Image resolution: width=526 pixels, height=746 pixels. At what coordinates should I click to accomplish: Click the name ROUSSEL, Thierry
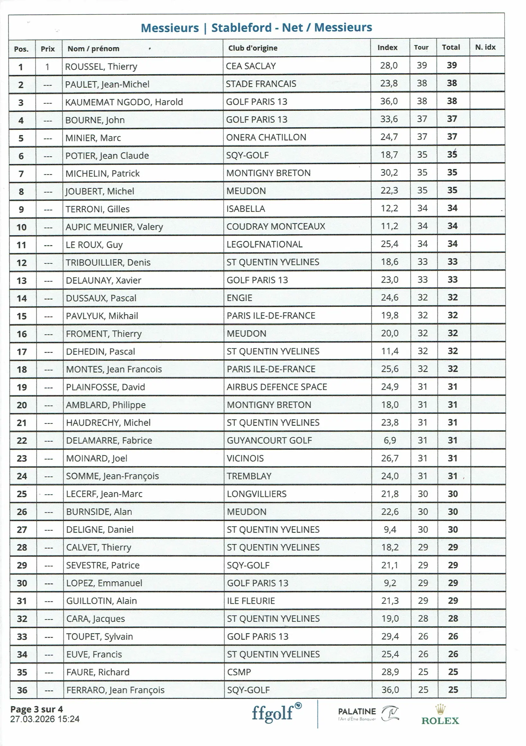pos(101,67)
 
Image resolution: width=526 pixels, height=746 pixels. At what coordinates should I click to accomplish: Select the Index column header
pos(387,48)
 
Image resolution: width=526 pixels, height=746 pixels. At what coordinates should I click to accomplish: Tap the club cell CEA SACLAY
pos(251,66)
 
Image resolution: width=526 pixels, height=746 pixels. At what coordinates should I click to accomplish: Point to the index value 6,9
pos(389,440)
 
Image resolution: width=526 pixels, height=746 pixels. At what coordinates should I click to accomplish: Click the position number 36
pos(22,690)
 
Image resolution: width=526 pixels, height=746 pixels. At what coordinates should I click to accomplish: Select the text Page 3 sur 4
pos(36,709)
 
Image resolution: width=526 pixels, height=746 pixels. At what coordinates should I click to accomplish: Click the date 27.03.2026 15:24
pos(45,719)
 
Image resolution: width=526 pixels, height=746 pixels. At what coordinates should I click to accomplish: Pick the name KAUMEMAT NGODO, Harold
pos(124,102)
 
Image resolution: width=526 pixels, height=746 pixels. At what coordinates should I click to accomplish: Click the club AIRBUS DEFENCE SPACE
pos(277,386)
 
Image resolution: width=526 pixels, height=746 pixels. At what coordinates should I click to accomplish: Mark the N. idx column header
pos(485,47)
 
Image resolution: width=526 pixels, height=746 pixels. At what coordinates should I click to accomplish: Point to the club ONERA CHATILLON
pos(266,137)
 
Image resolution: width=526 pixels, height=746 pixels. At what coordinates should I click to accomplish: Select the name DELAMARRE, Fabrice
pos(109,440)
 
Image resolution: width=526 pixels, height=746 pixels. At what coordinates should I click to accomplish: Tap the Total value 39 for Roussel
pos(451,65)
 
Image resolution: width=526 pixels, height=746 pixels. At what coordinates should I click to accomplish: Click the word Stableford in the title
pos(241,28)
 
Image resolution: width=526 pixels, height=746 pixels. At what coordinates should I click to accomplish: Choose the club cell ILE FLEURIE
pos(251,601)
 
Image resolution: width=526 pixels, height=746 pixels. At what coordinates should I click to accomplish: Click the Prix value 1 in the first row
pos(48,67)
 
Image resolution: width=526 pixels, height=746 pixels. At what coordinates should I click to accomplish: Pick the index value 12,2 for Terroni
pos(389,208)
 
